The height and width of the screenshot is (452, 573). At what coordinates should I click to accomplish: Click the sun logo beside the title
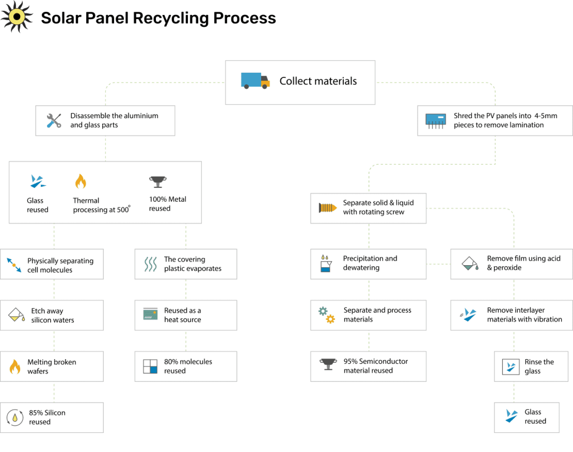pyautogui.click(x=16, y=17)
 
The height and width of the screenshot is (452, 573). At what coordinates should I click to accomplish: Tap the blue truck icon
pyautogui.click(x=255, y=80)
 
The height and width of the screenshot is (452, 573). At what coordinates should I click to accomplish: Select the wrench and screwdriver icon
pyautogui.click(x=54, y=121)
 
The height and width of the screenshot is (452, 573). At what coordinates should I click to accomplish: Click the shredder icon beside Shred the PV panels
pyautogui.click(x=435, y=121)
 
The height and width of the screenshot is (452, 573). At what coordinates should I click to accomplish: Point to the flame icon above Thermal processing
pyautogui.click(x=80, y=182)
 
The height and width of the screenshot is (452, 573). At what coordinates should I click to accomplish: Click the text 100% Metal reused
pyautogui.click(x=167, y=204)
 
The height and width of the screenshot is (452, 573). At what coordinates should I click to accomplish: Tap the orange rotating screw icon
pyautogui.click(x=327, y=208)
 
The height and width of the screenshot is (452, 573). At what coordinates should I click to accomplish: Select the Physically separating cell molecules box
pyautogui.click(x=52, y=264)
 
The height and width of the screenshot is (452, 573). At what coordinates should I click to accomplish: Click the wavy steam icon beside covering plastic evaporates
pyautogui.click(x=150, y=264)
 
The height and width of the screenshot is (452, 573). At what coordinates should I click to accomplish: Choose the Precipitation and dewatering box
pyautogui.click(x=368, y=264)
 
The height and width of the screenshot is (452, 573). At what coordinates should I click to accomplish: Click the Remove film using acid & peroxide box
pyautogui.click(x=511, y=264)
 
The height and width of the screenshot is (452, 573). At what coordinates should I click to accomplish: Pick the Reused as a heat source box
pyautogui.click(x=185, y=315)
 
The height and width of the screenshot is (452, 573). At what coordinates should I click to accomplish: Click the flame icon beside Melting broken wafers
pyautogui.click(x=15, y=367)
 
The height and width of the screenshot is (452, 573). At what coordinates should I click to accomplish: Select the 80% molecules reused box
pyautogui.click(x=185, y=366)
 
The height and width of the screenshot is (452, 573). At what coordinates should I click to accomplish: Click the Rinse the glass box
pyautogui.click(x=530, y=366)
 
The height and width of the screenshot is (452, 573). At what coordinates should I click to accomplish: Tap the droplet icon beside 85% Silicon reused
pyautogui.click(x=15, y=418)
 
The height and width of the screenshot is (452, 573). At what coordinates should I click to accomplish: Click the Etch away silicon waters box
pyautogui.click(x=52, y=315)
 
